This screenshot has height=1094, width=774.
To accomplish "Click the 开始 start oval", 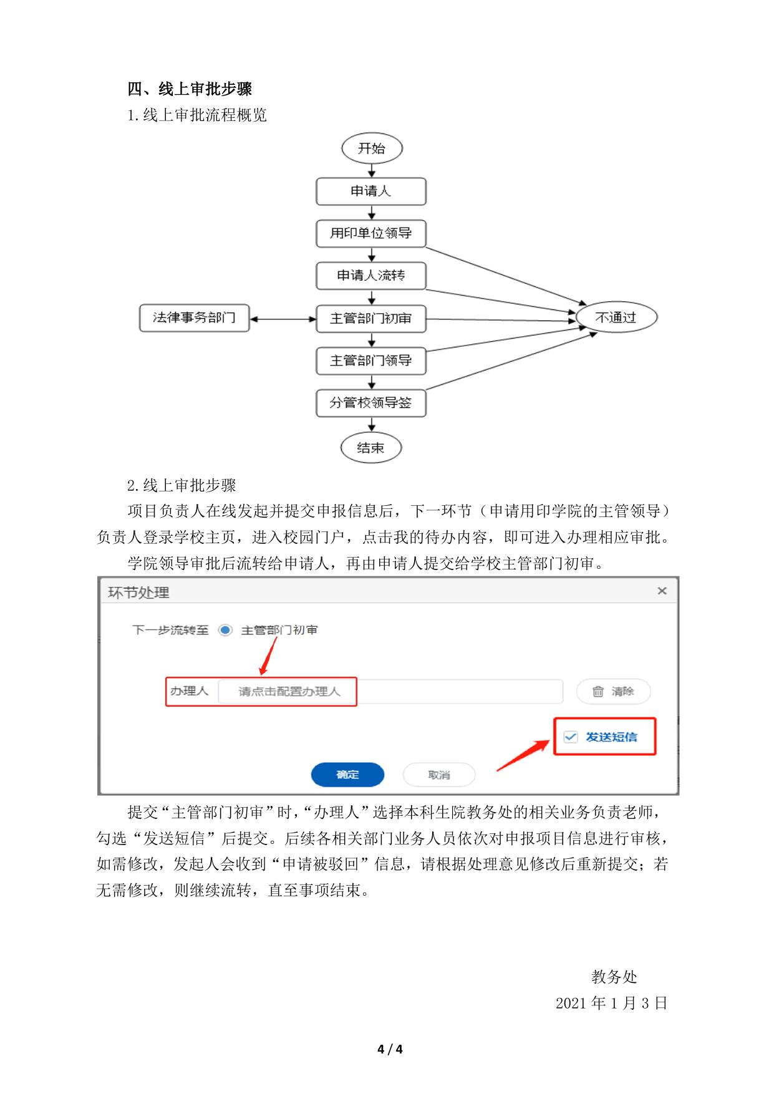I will pos(372,148).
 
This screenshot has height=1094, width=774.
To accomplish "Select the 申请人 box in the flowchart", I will pos(371,191).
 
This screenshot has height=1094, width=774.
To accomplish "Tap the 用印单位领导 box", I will pos(371,233).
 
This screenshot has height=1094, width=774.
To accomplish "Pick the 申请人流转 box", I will pos(371,276).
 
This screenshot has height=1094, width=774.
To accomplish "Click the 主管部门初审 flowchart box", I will pos(371,318).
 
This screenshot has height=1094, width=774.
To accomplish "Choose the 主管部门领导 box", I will pos(371,361).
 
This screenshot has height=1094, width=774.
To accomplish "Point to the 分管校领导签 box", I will pos(371,403).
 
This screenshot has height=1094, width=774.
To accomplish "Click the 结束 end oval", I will pos(370,447).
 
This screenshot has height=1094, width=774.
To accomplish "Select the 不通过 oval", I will pos(616,317).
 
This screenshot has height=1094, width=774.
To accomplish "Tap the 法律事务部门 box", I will pos(195,317).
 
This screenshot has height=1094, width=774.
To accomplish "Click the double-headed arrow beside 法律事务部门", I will pos(283,319).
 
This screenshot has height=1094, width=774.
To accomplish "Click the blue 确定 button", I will pos(347,775).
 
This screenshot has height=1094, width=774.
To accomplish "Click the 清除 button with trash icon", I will pos(613,691).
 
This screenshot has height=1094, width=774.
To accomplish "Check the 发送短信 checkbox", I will pos(571,737).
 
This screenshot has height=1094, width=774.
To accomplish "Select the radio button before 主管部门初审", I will pos(225,630).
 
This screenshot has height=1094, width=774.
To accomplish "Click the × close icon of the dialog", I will pos(662,591).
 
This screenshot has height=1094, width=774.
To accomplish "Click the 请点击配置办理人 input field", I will pos(390,692).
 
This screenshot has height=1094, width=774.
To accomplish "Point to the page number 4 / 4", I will pos(390,1049).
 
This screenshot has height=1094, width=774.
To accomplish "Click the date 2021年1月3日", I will pos(611,1003).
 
